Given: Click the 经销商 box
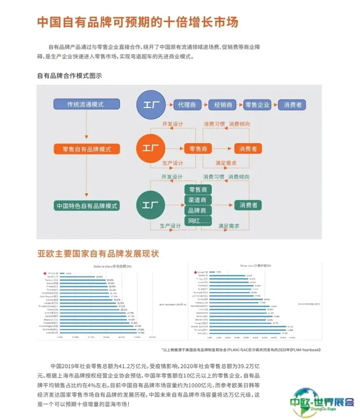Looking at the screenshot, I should (223, 104).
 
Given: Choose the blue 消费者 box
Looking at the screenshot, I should (292, 104).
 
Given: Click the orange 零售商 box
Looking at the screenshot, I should (198, 149).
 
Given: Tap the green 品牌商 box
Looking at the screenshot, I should (198, 210).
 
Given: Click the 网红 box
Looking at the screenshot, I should (198, 221).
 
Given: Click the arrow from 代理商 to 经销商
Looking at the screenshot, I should (205, 104).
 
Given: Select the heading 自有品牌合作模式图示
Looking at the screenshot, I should (70, 75).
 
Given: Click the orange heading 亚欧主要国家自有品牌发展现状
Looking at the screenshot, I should (98, 253).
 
